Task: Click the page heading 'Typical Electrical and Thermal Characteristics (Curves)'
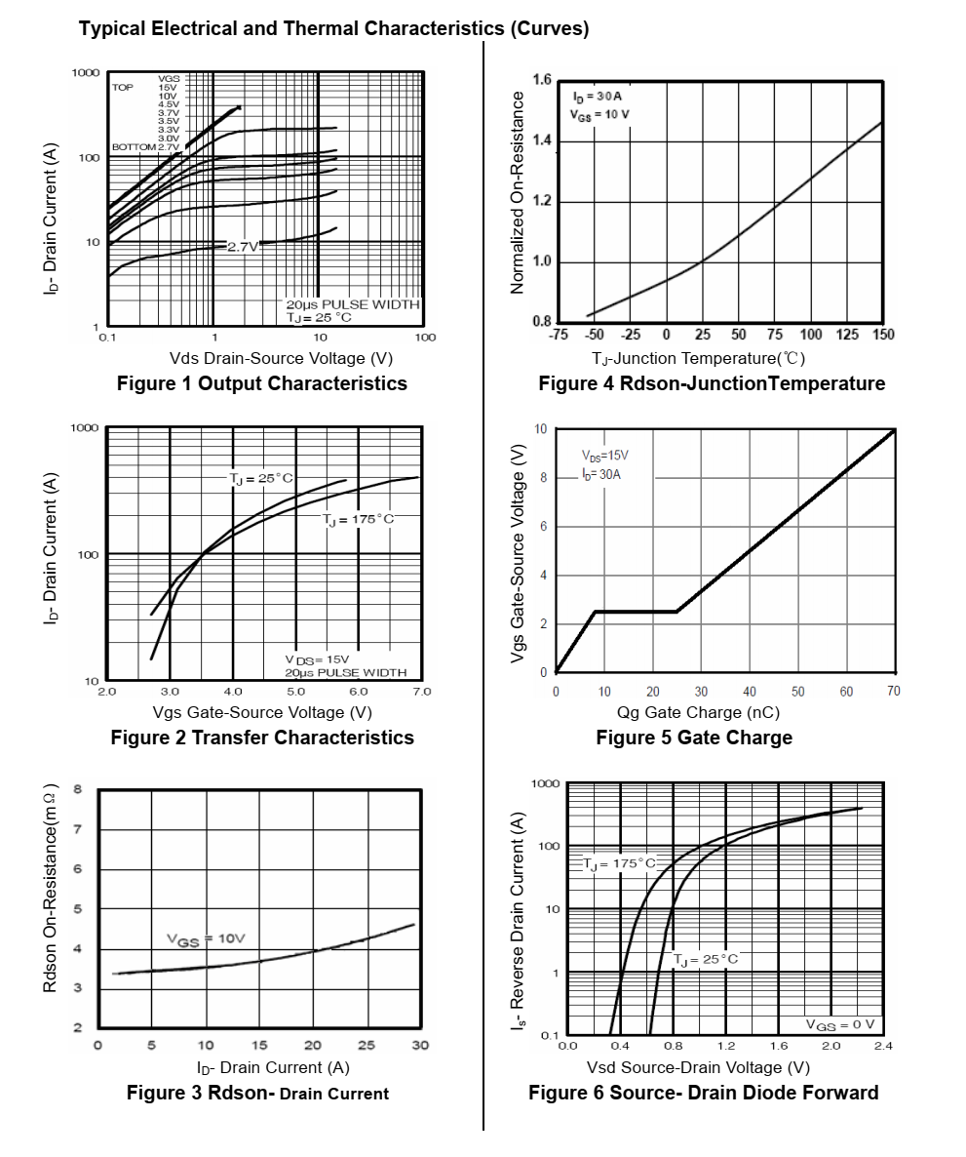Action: [333, 28]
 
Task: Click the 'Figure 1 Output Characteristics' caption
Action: [261, 383]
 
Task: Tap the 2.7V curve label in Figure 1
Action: [243, 247]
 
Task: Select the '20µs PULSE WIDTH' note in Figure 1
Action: [352, 304]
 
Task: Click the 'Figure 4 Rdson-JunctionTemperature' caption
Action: [712, 383]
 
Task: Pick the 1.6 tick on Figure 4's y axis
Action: [543, 80]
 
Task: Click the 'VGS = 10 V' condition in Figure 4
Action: [599, 114]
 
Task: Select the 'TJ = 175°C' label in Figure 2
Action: [359, 519]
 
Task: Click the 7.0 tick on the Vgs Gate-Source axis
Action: [421, 691]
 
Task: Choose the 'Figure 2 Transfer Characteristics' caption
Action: [261, 738]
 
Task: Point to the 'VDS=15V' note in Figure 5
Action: [604, 456]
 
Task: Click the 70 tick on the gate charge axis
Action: [894, 692]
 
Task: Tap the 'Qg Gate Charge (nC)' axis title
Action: [698, 713]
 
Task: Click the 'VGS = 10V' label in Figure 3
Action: [206, 938]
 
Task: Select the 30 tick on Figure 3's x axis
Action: [419, 1046]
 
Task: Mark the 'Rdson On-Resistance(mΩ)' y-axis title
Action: [50, 889]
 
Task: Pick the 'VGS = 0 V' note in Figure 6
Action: [839, 1024]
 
